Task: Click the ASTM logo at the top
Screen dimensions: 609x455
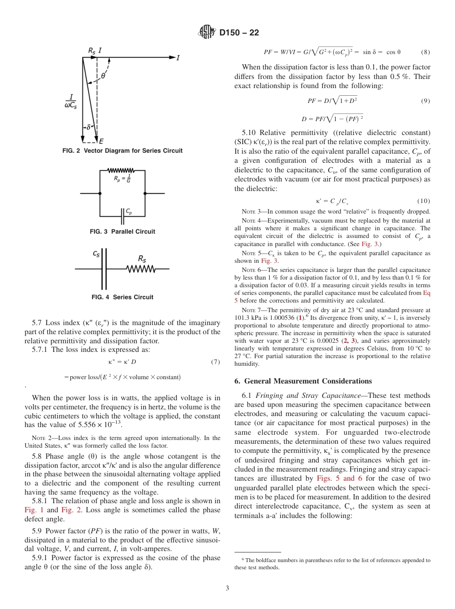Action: coord(206,33)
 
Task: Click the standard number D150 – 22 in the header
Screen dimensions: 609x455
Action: coord(239,33)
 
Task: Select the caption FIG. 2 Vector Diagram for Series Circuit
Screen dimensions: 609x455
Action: coord(123,151)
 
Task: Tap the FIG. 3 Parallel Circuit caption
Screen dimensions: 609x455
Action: coord(123,232)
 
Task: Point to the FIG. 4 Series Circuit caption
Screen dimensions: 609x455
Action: coord(123,297)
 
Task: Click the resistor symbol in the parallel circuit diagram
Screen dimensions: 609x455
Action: coord(121,170)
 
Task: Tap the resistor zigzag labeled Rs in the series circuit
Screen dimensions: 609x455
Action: coord(141,270)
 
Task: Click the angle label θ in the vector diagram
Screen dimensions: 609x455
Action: coord(103,76)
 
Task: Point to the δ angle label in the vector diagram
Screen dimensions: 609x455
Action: coord(88,127)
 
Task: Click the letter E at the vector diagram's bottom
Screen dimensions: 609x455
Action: coord(102,141)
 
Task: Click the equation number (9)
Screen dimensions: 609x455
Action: coord(425,101)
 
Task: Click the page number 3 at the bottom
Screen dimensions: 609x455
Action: coord(227,588)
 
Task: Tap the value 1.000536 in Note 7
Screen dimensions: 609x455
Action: coord(274,317)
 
